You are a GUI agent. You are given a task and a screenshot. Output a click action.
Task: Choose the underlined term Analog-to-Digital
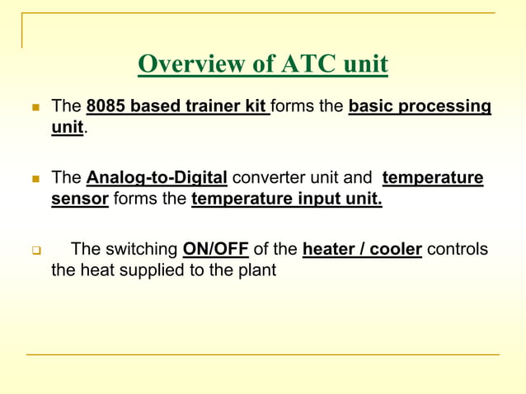[157, 178]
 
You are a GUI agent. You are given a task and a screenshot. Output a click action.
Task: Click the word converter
[269, 178]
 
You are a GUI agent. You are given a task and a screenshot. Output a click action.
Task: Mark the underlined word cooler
[395, 250]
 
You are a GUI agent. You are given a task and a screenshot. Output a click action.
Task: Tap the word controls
[457, 250]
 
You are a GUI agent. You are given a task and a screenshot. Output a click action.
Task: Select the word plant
[256, 270]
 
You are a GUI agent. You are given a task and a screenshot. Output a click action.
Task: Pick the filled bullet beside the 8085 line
[35, 108]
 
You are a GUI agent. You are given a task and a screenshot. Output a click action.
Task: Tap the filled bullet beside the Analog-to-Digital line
[35, 179]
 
